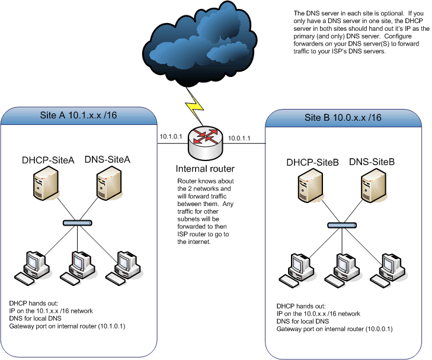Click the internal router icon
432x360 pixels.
(204, 138)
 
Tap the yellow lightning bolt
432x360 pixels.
(195, 106)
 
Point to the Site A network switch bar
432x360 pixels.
(79, 223)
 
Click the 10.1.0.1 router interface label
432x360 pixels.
(171, 137)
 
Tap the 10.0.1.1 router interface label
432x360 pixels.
(239, 138)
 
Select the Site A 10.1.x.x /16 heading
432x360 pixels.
(78, 115)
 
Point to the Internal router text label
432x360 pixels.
(205, 169)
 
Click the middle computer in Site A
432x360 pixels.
(81, 266)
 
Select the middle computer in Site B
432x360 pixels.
(345, 269)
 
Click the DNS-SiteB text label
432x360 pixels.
(372, 162)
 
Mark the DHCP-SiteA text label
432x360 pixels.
(47, 159)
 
